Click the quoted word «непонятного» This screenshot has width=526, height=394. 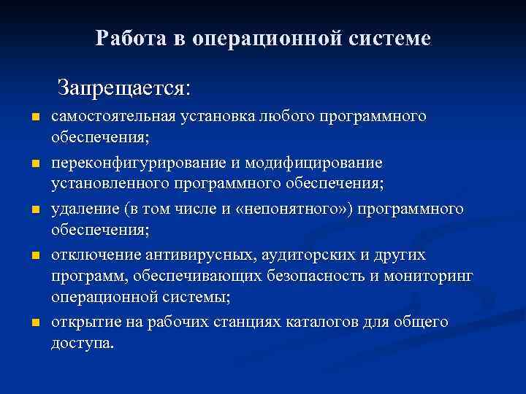[288, 210]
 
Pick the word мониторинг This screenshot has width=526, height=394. [435, 277]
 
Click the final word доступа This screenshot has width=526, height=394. [83, 343]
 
